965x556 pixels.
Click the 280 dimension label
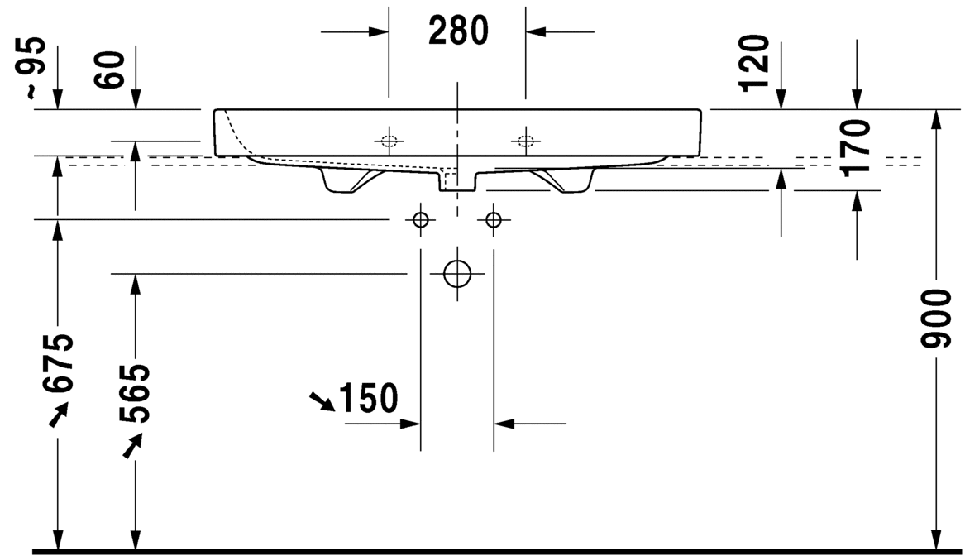click(x=458, y=31)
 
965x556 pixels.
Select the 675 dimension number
click(x=59, y=363)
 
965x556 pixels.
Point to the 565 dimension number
click(x=134, y=394)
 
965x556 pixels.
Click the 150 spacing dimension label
click(x=368, y=398)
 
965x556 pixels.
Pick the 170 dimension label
click(x=857, y=148)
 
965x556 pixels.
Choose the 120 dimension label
click(x=754, y=64)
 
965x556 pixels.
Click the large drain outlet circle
click(x=456, y=274)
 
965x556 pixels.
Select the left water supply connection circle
click(x=421, y=219)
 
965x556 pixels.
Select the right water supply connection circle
click(x=494, y=219)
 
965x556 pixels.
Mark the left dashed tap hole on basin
click(x=389, y=141)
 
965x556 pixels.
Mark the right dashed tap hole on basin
click(x=526, y=141)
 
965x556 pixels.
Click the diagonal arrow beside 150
click(x=322, y=400)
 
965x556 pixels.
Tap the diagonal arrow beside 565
click(x=132, y=445)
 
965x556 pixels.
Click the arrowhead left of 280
click(x=379, y=31)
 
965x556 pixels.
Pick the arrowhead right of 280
click(x=536, y=31)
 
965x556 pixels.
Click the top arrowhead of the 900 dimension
click(x=936, y=120)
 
